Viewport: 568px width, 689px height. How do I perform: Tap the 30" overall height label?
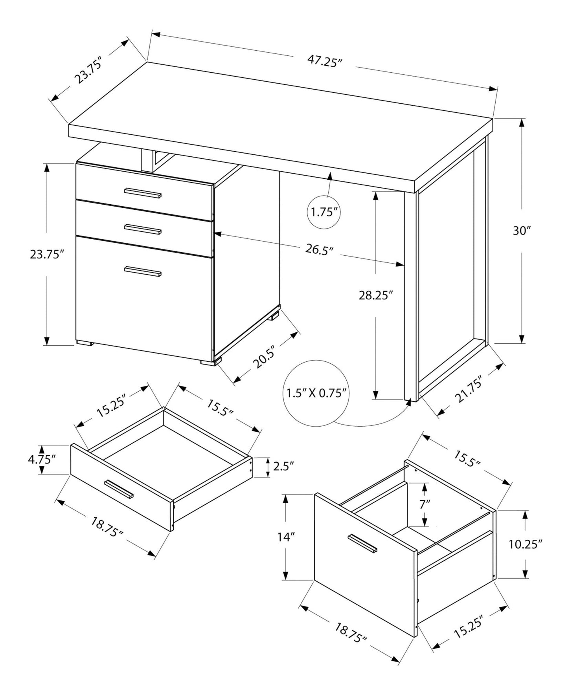[522, 231]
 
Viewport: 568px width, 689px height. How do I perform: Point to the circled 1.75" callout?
[324, 213]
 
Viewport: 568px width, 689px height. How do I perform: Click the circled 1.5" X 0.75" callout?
[316, 393]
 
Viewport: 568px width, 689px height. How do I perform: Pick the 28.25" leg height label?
[376, 295]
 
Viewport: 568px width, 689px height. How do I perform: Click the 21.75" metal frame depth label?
[471, 390]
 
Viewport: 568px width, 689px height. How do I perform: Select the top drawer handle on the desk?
[143, 193]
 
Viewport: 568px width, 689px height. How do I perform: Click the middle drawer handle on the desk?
[143, 229]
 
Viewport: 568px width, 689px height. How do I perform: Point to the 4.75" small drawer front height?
[42, 459]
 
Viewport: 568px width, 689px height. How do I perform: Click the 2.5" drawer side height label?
[283, 466]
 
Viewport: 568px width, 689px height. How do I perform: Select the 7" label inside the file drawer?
[425, 504]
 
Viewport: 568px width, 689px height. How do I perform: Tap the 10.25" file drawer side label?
[526, 544]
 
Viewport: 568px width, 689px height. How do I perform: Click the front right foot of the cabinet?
[209, 363]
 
